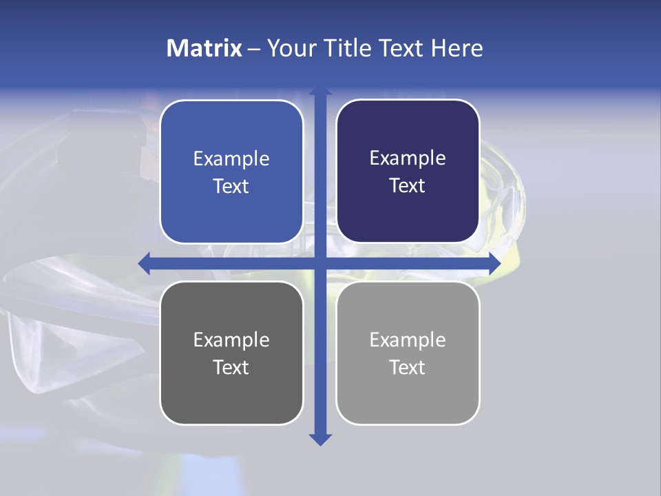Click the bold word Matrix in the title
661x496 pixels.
[x=204, y=48]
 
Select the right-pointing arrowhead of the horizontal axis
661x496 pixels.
[x=494, y=263]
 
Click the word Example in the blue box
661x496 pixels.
[x=231, y=159]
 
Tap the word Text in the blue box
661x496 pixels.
[x=231, y=187]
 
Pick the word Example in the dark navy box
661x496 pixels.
[x=408, y=158]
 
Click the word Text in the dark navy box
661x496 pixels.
[x=408, y=186]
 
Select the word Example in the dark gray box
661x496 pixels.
[x=231, y=340]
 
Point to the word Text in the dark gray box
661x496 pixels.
[x=231, y=368]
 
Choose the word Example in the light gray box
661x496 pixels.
[x=408, y=340]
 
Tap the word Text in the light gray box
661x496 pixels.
[x=408, y=368]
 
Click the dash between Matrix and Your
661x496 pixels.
[x=254, y=49]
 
